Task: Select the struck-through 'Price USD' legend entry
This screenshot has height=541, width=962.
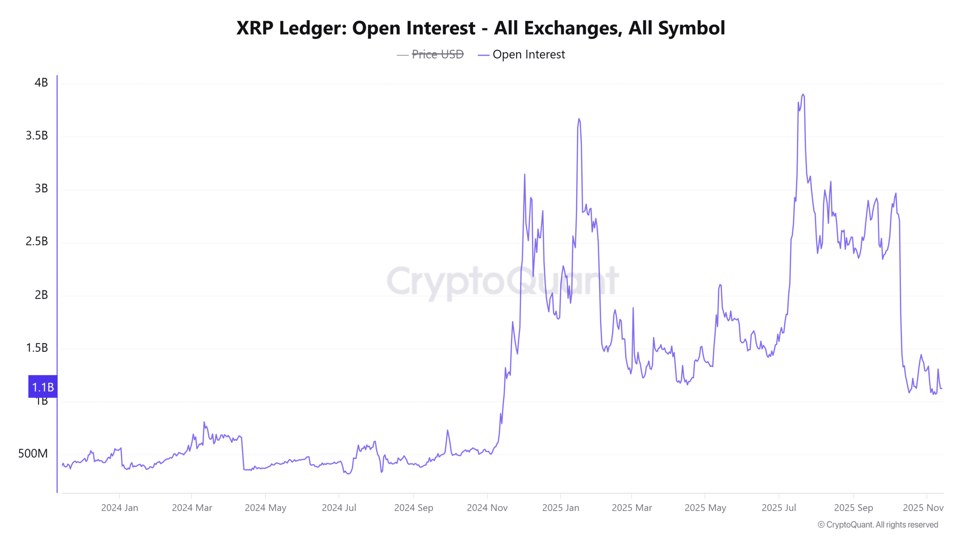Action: point(437,54)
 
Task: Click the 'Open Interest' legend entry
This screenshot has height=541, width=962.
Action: point(528,54)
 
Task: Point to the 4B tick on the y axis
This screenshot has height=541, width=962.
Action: point(41,83)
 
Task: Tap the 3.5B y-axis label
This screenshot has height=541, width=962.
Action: point(37,136)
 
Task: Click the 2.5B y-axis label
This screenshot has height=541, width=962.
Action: point(37,242)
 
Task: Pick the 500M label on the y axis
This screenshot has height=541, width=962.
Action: point(33,453)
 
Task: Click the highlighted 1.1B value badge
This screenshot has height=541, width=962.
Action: point(43,387)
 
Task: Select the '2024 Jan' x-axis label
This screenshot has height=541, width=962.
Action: point(119,508)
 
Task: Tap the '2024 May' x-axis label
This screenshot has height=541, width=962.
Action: point(265,508)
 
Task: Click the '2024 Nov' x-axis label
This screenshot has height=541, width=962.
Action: point(487,508)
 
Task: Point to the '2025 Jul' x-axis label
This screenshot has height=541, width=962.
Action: point(779,508)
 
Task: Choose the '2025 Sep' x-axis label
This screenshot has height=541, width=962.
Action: point(853,508)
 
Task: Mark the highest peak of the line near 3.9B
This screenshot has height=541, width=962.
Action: point(803,95)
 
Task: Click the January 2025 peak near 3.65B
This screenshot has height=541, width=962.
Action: point(579,119)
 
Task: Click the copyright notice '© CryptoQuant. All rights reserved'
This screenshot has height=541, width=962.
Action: point(878,524)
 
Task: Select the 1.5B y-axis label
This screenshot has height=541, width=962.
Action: point(37,348)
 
